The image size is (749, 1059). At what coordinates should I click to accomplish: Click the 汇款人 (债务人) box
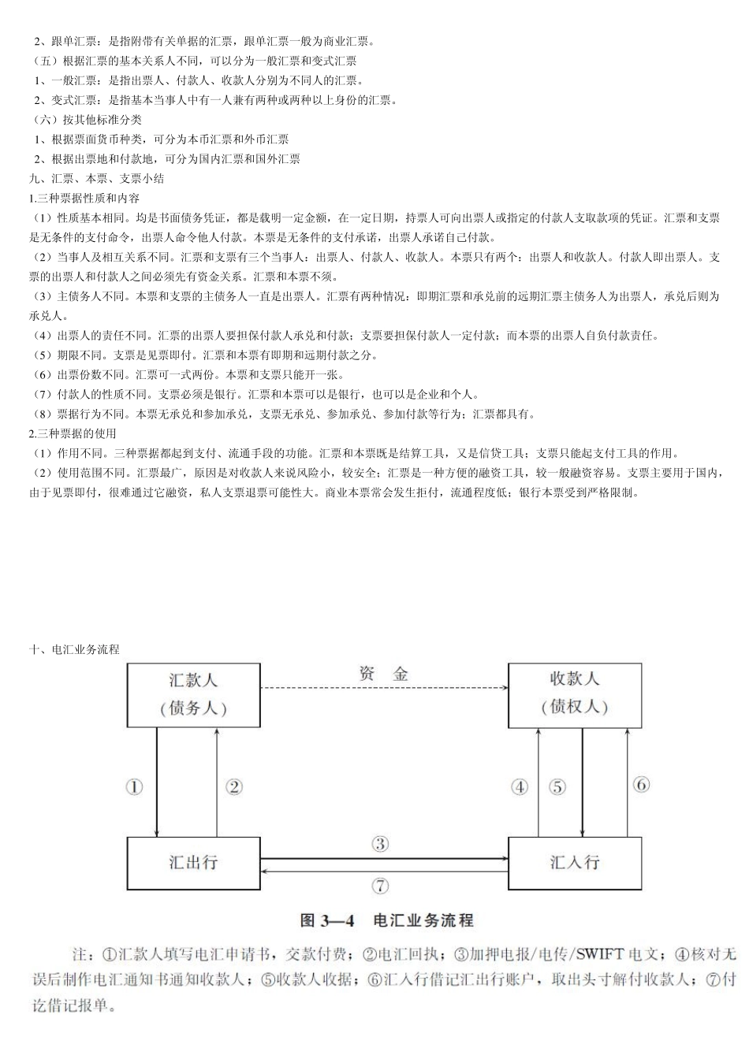click(x=193, y=694)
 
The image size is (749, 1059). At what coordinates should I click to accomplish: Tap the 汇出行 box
click(x=193, y=862)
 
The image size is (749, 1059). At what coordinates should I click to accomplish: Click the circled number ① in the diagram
click(x=135, y=786)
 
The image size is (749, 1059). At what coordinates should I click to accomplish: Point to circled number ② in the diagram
click(x=233, y=786)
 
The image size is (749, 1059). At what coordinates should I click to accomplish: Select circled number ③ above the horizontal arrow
click(x=380, y=845)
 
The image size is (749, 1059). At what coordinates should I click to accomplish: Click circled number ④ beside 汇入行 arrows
click(x=520, y=786)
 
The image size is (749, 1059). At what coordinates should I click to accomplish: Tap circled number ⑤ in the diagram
click(x=557, y=786)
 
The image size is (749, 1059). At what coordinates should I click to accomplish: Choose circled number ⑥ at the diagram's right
click(x=641, y=785)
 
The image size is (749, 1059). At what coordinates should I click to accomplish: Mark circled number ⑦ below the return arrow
click(x=380, y=886)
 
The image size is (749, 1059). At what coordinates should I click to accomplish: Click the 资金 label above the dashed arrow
click(x=384, y=674)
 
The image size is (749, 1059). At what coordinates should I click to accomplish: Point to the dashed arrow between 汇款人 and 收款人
click(x=384, y=689)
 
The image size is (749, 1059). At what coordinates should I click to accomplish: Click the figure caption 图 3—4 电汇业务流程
click(x=386, y=920)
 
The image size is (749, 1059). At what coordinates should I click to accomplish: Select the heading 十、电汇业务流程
click(x=74, y=650)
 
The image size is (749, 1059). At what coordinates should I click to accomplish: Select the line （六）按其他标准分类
click(x=87, y=120)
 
